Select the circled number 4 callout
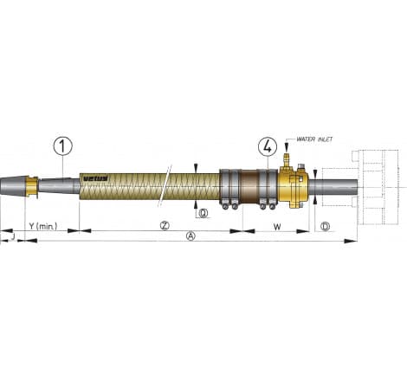(x=268, y=146)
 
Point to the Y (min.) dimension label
(x=42, y=227)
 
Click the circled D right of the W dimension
(x=325, y=227)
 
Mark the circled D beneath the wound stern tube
(x=203, y=214)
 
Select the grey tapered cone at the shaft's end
(x=13, y=184)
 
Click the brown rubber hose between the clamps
(x=250, y=185)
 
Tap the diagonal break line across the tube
(x=164, y=185)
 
